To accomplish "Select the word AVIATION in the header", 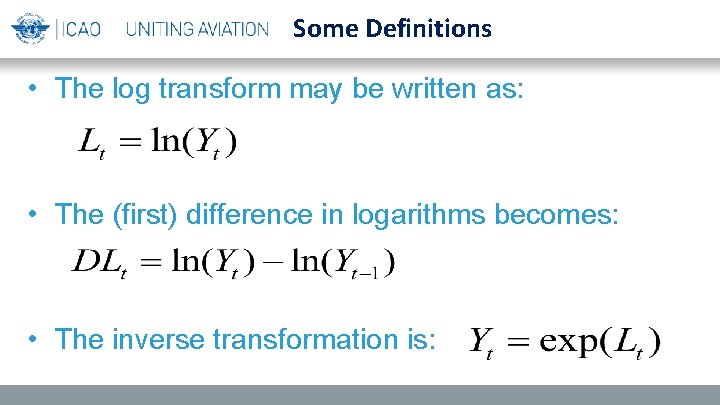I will point(231,29).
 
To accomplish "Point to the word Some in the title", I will point(321,28).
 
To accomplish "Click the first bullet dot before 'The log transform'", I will point(35,89).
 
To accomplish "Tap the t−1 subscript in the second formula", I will point(370,275).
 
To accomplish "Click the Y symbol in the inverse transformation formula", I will point(481,341).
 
